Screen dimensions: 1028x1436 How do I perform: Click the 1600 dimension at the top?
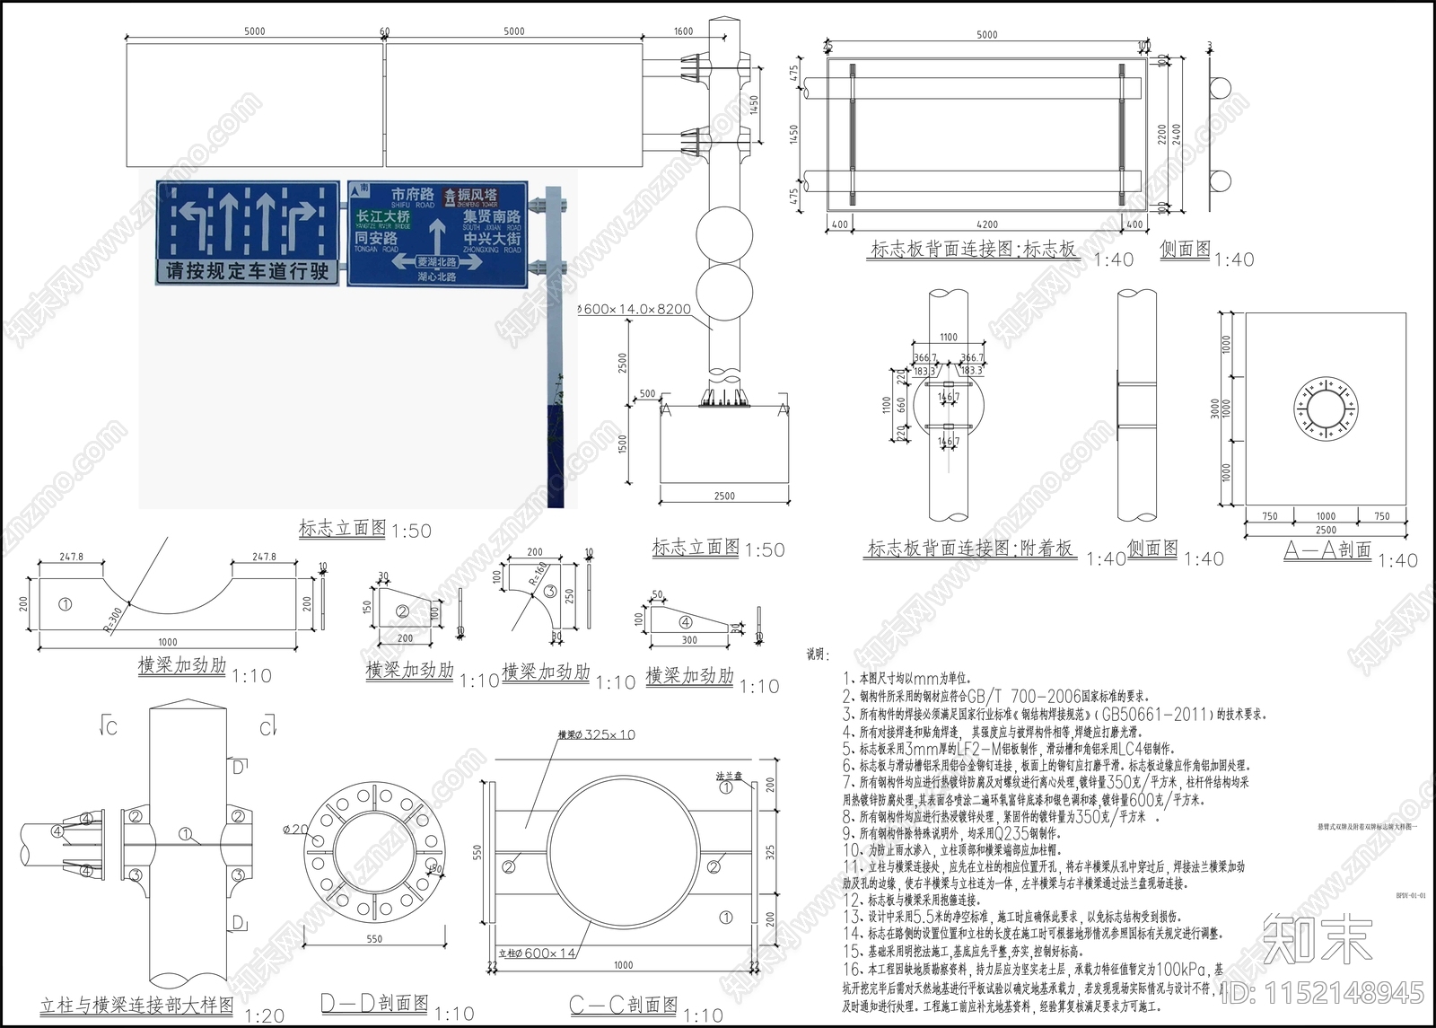point(683,31)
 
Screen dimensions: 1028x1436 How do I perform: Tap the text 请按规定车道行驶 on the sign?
point(247,271)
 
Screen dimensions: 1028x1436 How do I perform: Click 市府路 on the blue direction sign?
point(412,195)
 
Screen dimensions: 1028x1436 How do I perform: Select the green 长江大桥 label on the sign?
point(383,217)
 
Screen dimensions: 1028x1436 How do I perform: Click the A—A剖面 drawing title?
point(1327,550)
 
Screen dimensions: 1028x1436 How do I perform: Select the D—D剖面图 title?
point(374,1004)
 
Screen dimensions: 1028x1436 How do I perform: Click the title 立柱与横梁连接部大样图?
point(136,1006)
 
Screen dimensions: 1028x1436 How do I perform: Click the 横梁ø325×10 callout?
point(596,734)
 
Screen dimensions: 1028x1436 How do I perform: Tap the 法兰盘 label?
point(727,773)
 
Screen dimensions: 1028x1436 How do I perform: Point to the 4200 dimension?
point(986,224)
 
